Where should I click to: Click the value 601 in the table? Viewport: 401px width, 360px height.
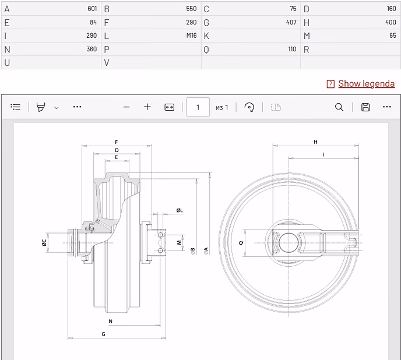(x=92, y=9)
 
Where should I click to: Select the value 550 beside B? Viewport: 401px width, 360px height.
(x=191, y=9)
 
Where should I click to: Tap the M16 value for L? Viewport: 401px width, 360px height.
(x=191, y=36)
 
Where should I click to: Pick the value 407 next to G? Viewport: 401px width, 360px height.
(x=291, y=23)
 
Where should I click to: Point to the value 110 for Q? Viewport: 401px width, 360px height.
(x=293, y=49)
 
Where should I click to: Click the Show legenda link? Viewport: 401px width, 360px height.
(x=366, y=84)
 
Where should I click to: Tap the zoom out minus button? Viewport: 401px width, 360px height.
(x=126, y=107)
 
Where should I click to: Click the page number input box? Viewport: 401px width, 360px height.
(x=198, y=107)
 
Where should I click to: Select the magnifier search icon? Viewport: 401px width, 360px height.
(x=339, y=107)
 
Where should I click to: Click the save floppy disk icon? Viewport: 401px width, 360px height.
(x=365, y=107)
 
